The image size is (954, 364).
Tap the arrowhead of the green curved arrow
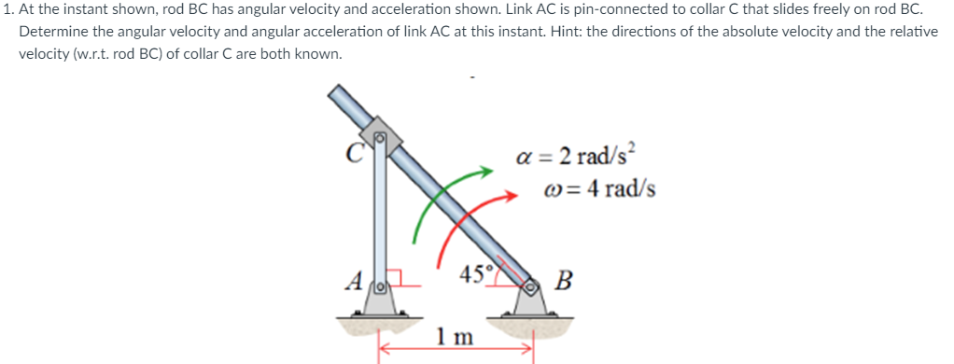485,171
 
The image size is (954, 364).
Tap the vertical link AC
380,215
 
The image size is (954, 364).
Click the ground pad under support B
529,322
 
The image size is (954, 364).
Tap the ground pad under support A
378,322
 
